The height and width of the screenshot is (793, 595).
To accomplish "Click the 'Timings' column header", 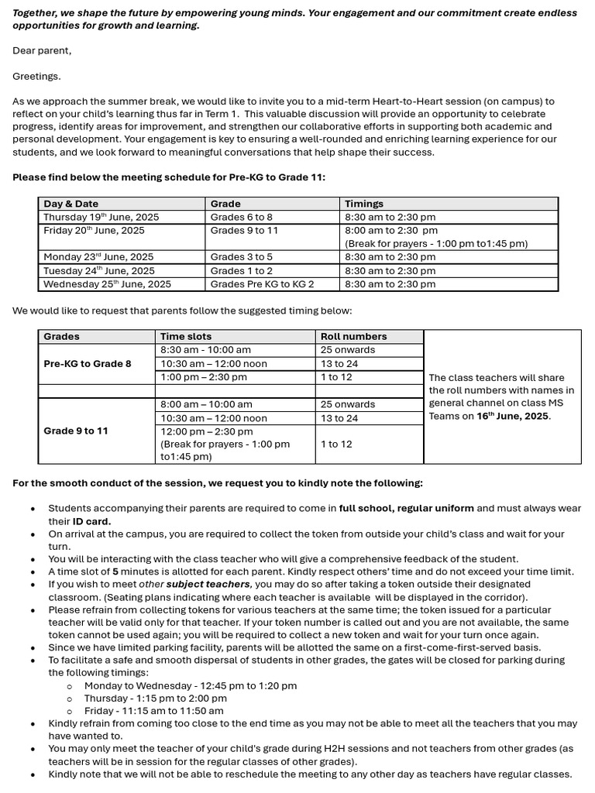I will tap(364, 204).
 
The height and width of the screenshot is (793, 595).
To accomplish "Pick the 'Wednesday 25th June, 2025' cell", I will tap(107, 284).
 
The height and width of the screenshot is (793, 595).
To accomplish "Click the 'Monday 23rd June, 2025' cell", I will tap(98, 257).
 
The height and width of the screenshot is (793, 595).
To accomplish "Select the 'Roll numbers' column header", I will tap(353, 337).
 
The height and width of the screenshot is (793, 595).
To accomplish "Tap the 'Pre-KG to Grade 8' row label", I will tap(88, 364).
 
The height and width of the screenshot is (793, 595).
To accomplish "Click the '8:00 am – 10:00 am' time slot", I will tap(206, 404).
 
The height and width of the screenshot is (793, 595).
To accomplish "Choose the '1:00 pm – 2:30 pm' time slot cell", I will tap(204, 377).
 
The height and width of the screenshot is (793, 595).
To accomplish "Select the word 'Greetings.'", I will tap(36, 76).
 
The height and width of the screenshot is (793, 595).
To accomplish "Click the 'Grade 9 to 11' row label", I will tap(76, 431).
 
